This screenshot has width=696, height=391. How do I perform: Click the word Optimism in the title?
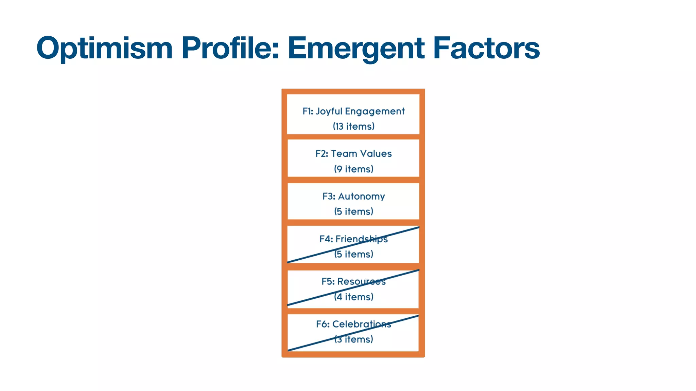(x=104, y=48)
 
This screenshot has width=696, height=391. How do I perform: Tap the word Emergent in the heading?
(x=356, y=48)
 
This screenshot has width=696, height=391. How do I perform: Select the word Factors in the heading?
(x=486, y=48)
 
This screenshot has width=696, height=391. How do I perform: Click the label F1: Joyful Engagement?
(x=353, y=111)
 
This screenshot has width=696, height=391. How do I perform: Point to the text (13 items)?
(x=353, y=126)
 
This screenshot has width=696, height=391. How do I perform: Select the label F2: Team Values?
(x=353, y=154)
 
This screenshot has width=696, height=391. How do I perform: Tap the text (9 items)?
(x=353, y=169)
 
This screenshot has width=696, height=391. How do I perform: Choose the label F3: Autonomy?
(x=353, y=197)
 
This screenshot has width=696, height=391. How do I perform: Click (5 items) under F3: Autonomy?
(x=353, y=211)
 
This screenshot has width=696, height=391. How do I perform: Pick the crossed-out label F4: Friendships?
(x=353, y=239)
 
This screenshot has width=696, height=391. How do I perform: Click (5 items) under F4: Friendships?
(x=353, y=254)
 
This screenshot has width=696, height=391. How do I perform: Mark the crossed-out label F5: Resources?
(x=353, y=282)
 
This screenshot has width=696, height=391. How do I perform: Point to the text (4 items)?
(x=353, y=297)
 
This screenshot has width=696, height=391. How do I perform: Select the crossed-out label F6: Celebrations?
(x=353, y=324)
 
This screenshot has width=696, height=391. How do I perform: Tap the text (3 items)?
(x=353, y=339)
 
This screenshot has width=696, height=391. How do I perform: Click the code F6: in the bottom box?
(x=323, y=324)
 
